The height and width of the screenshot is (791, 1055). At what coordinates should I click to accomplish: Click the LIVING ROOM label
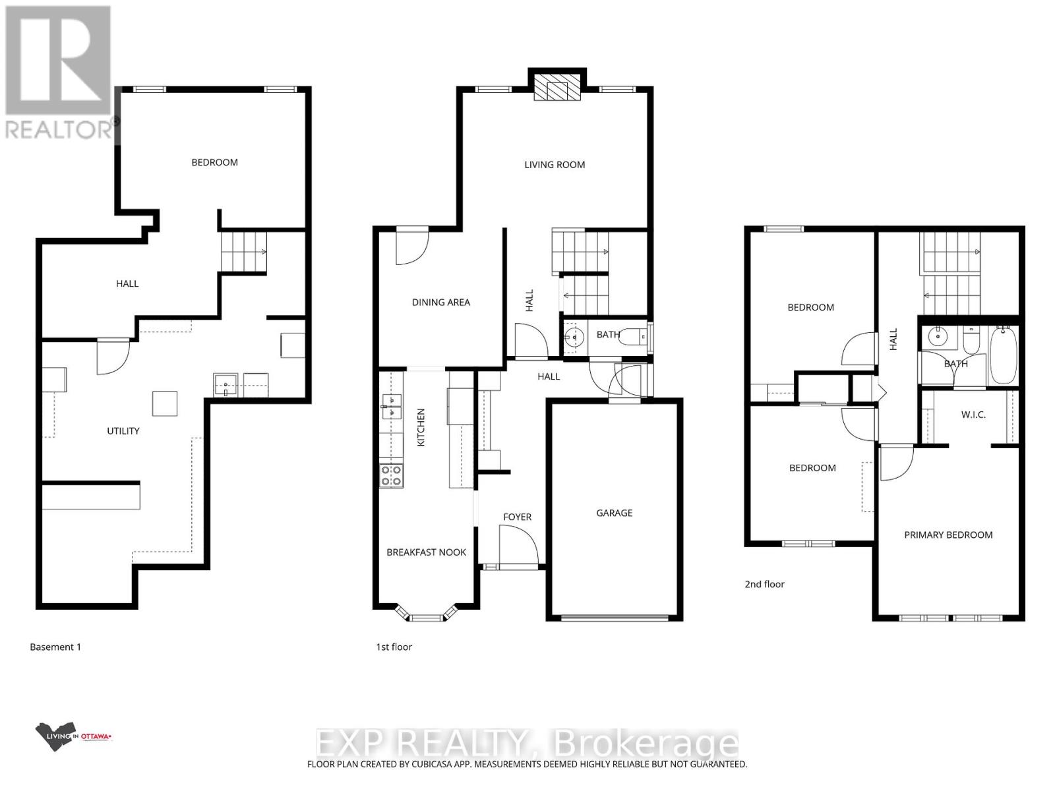555,165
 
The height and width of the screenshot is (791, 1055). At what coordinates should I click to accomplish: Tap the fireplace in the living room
557,87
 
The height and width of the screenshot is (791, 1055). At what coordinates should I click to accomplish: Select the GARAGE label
614,513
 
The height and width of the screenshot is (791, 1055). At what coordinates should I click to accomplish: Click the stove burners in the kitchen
391,475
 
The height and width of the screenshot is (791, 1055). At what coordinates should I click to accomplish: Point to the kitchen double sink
391,406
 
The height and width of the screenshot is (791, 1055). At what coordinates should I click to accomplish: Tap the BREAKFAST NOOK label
426,552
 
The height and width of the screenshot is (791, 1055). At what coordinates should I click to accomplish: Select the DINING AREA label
440,303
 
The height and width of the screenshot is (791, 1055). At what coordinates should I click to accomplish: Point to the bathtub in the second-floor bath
1003,356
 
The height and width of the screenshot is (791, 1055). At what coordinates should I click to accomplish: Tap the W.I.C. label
973,415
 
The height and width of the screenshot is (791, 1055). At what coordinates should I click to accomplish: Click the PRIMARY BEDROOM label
948,535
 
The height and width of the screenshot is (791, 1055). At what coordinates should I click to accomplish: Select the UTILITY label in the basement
123,431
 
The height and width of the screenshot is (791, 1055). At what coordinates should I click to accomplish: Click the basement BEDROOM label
214,163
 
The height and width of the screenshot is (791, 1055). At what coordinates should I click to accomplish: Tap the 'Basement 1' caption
55,647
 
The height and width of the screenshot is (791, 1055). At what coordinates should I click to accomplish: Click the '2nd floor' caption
764,584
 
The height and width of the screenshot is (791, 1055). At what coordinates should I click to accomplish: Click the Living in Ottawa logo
73,737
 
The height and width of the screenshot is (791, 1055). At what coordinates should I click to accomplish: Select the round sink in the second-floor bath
936,337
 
